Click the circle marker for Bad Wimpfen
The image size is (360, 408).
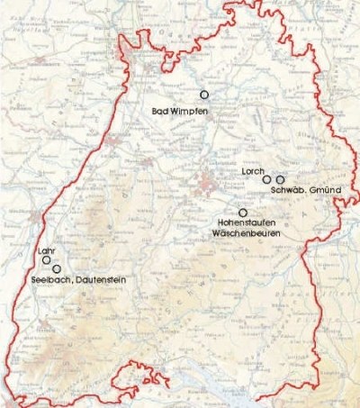[x=204, y=95]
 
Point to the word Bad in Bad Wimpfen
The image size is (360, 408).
[x=159, y=110]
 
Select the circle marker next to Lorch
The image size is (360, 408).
[x=266, y=180]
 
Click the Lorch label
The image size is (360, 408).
[x=252, y=169]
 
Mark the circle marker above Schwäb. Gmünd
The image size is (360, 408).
[x=280, y=180]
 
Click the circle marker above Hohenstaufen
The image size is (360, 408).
[x=242, y=213]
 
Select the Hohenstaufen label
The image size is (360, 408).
[x=249, y=222]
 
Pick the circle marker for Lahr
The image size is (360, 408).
[x=47, y=260]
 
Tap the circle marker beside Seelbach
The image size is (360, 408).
[x=57, y=269]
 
